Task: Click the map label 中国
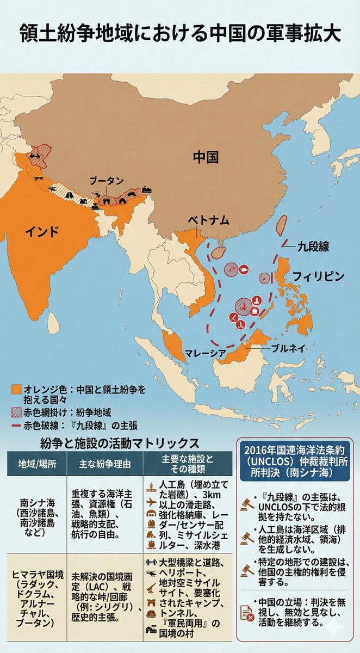pos(206,158)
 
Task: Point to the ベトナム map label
pos(209,220)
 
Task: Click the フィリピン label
pos(318,276)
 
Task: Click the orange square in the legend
pos(16,390)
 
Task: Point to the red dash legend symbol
pos(16,425)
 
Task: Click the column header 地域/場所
pos(36,465)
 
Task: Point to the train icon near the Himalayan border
pos(146,190)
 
